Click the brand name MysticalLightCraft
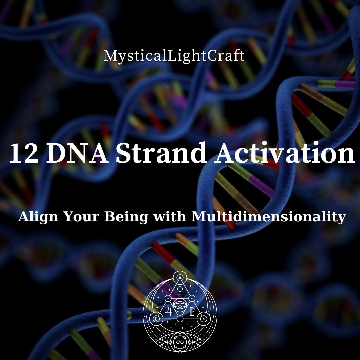pyautogui.click(x=174, y=56)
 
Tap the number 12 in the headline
pyautogui.click(x=23, y=154)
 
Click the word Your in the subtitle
pyautogui.click(x=81, y=217)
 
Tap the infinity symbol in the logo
pyautogui.click(x=180, y=341)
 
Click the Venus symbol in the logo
pyautogui.click(x=180, y=291)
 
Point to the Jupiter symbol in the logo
pyautogui.click(x=168, y=311)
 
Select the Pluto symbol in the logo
pyautogui.click(x=192, y=312)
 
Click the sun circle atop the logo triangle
pyautogui.click(x=180, y=278)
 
